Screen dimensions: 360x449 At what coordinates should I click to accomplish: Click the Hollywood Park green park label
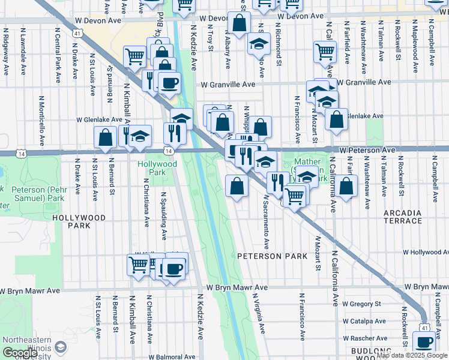click(x=157, y=168)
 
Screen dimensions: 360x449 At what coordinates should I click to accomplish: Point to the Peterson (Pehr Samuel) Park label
click(x=37, y=193)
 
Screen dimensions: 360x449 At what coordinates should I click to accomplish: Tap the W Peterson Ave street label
click(x=366, y=149)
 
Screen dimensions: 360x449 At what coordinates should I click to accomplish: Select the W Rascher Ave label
click(x=364, y=338)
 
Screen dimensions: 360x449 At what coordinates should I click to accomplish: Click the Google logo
click(x=20, y=353)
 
